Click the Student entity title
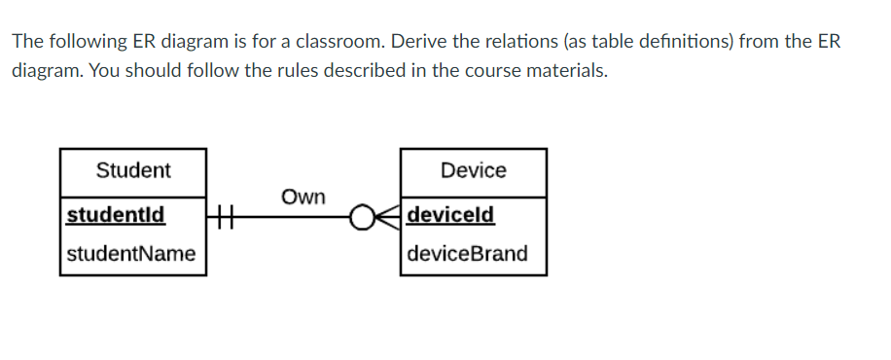pos(133,170)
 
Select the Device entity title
pos(473,170)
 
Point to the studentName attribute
pos(131,254)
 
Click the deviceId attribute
pos(451,213)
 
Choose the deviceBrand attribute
pos(468,254)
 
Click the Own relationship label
pos(303,197)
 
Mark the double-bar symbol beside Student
pos(224,214)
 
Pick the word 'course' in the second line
pos(483,72)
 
